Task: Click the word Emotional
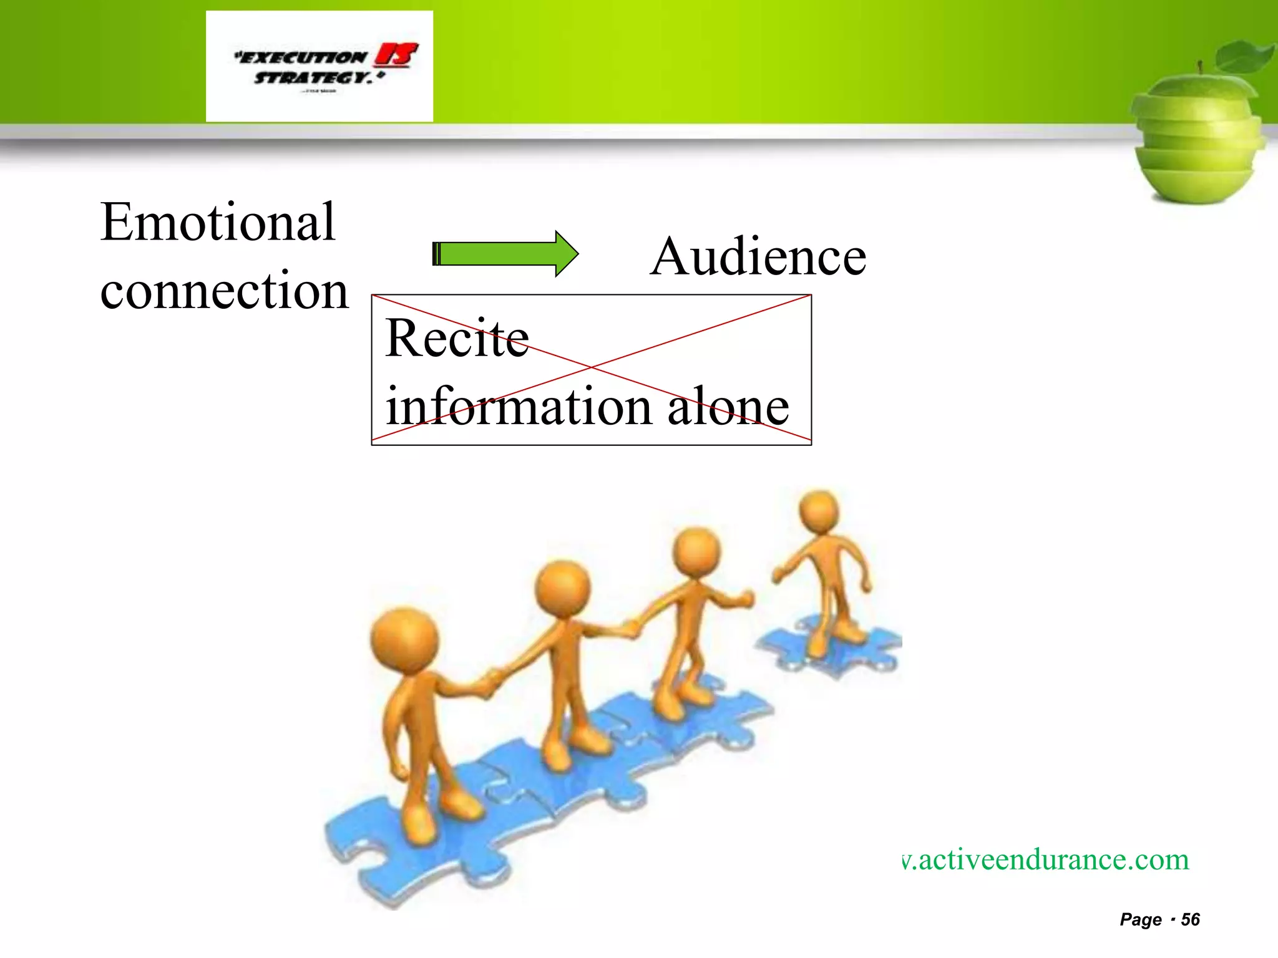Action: pos(218,222)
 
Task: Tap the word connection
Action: pos(224,291)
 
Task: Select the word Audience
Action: pos(758,256)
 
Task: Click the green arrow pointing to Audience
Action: pos(505,254)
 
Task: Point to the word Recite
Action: pos(457,338)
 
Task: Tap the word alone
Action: pos(728,407)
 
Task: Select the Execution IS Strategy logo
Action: pos(319,66)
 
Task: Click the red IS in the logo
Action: pos(396,56)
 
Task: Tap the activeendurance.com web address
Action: pos(1046,859)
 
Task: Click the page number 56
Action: pos(1190,919)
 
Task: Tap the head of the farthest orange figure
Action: pos(819,510)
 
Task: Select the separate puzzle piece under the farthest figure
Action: pos(830,649)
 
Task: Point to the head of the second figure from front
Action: pos(562,588)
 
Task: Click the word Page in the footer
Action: pos(1141,919)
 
